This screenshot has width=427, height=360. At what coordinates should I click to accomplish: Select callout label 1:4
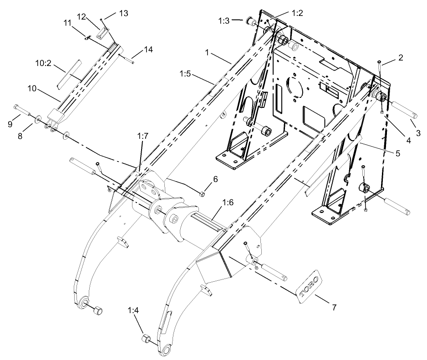coord(134,311)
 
